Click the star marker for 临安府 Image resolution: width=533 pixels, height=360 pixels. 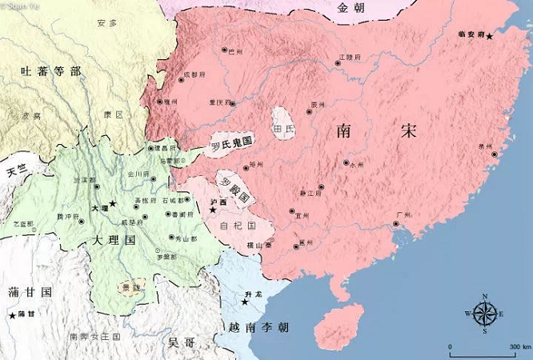pyautogui.click(x=489, y=37)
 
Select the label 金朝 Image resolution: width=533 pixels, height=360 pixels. pyautogui.click(x=352, y=8)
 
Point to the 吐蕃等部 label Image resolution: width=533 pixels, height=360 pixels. pyautogui.click(x=50, y=72)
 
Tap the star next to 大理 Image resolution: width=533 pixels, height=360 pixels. pyautogui.click(x=113, y=205)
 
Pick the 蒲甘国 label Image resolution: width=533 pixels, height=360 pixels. pyautogui.click(x=29, y=292)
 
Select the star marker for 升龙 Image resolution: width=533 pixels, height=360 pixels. pyautogui.click(x=245, y=302)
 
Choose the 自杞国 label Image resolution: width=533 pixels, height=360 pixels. pyautogui.click(x=236, y=226)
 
